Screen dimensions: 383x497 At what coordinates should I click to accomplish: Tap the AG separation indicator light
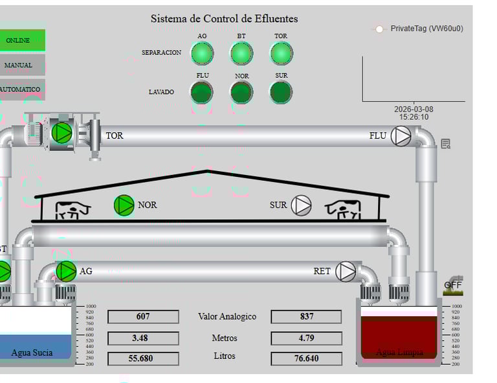pos(202,53)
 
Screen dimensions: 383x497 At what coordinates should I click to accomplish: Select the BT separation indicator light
pos(241,53)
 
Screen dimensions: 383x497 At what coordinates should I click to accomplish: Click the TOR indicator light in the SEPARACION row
pos(281,53)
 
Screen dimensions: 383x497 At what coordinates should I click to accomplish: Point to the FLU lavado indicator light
pos(202,92)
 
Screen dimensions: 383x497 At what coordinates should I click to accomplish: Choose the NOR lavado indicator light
pos(241,92)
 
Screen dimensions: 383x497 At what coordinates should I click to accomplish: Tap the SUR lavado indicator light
pos(281,92)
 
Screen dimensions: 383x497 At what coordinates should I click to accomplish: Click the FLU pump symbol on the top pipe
pos(401,136)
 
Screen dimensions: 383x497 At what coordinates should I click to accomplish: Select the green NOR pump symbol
pos(124,205)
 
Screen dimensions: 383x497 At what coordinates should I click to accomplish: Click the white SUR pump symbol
pos(301,205)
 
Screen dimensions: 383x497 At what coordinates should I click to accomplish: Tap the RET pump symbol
pos(346,272)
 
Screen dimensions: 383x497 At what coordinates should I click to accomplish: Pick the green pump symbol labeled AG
pos(66,272)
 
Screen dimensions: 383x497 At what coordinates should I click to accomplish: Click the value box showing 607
pos(143,316)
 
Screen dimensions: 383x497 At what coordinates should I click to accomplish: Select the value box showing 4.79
pos(306,338)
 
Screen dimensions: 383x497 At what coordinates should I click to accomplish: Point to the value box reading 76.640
pos(306,358)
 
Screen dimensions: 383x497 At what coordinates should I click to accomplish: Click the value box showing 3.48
pos(143,338)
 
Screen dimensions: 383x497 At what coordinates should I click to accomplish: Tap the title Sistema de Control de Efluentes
pos(224,19)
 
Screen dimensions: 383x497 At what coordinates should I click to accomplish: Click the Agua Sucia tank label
pos(32,353)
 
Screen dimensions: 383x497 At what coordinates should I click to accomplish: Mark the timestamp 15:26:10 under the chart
pos(414,117)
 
